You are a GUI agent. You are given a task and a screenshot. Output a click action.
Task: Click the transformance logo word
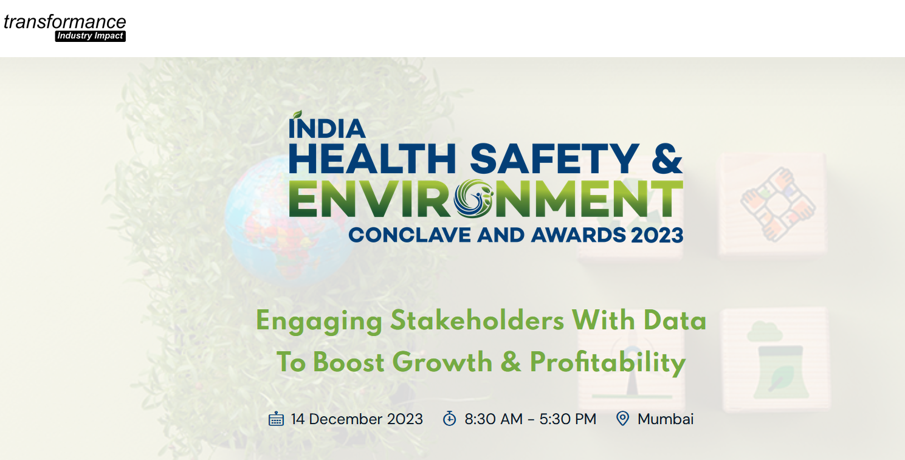point(64,22)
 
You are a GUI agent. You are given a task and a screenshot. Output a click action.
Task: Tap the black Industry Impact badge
point(91,36)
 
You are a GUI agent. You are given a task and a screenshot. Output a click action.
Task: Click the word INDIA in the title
point(327,128)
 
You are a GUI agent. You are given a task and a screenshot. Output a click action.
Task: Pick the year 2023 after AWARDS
point(657,235)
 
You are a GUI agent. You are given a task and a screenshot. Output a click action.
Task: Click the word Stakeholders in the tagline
point(477,320)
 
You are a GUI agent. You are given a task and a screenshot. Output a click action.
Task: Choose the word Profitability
point(608,362)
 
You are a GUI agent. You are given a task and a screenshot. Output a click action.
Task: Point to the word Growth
point(442,362)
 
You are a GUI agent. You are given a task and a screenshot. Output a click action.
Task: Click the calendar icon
point(276,419)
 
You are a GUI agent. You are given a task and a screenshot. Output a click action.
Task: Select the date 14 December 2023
point(357,419)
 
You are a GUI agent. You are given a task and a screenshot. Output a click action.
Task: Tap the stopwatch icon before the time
point(449,419)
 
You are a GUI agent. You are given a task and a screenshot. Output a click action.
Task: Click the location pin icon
point(622,419)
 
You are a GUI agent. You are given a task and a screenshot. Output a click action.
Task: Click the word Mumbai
point(666,419)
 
